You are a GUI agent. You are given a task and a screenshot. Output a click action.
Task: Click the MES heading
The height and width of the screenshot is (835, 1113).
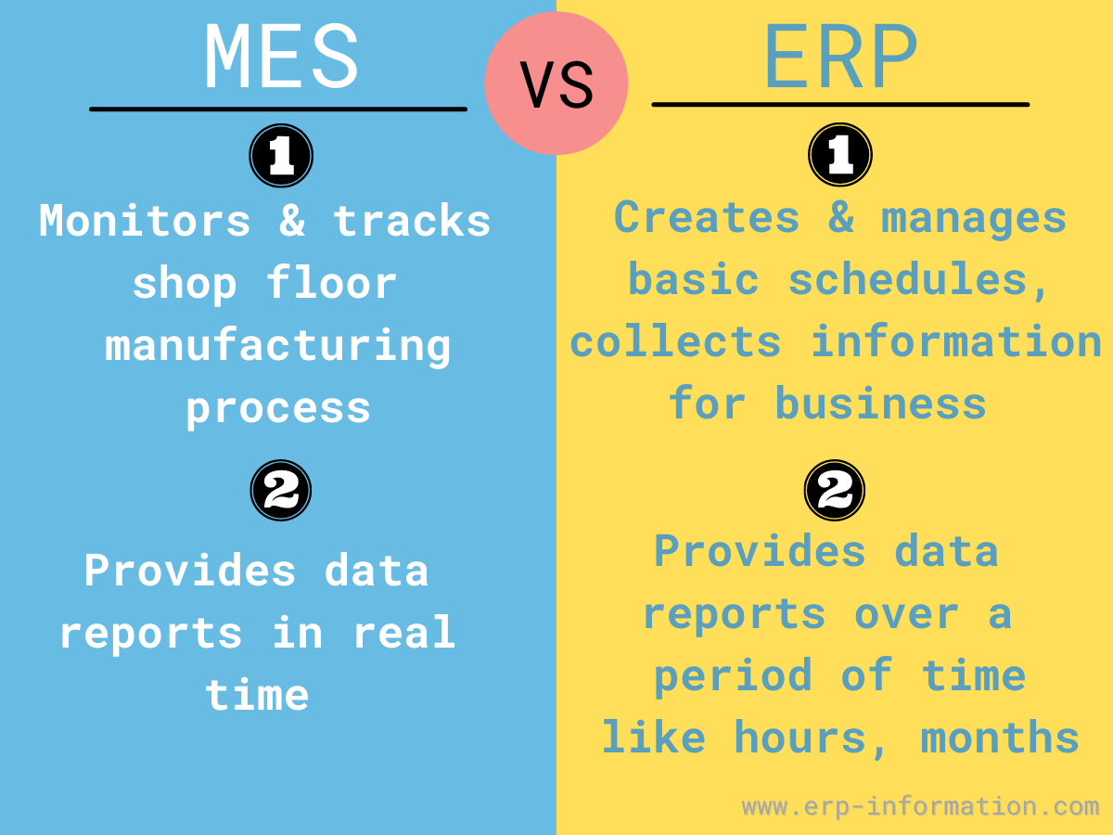click(x=281, y=56)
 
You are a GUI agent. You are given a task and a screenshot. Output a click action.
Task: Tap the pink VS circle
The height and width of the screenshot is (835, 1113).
click(x=556, y=83)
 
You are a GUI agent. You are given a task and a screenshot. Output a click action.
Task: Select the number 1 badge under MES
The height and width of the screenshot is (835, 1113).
click(x=281, y=156)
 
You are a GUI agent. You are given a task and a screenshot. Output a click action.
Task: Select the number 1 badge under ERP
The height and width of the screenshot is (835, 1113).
click(x=840, y=155)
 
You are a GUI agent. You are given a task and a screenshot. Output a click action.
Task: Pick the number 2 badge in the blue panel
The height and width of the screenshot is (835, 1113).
click(x=281, y=490)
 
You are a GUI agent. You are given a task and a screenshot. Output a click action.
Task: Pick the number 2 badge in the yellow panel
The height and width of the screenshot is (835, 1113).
click(x=835, y=490)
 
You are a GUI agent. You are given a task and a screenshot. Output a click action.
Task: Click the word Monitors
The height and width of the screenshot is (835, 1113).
click(x=145, y=221)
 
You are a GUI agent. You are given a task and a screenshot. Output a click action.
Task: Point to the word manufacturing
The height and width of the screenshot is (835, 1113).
click(x=278, y=346)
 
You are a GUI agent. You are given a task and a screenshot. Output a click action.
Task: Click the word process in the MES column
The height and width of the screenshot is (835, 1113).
click(x=278, y=410)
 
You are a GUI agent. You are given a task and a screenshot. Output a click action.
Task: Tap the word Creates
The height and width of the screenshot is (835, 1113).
click(x=707, y=217)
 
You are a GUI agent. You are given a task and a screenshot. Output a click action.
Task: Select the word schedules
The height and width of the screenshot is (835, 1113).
click(x=918, y=280)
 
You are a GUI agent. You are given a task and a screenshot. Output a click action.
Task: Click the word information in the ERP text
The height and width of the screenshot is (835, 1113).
click(x=956, y=341)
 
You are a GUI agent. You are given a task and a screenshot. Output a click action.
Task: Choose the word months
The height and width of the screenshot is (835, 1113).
click(x=1000, y=738)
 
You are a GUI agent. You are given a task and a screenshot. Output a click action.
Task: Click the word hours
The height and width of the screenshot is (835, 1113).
click(x=810, y=739)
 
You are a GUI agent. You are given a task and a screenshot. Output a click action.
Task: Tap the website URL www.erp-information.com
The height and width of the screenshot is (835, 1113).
click(x=920, y=806)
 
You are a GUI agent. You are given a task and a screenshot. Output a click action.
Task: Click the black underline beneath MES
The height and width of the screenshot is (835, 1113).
click(x=278, y=109)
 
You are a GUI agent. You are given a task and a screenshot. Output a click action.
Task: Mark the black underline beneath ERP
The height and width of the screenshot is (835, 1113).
click(x=840, y=105)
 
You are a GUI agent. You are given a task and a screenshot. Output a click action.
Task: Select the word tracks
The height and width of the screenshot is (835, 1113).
click(x=412, y=221)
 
